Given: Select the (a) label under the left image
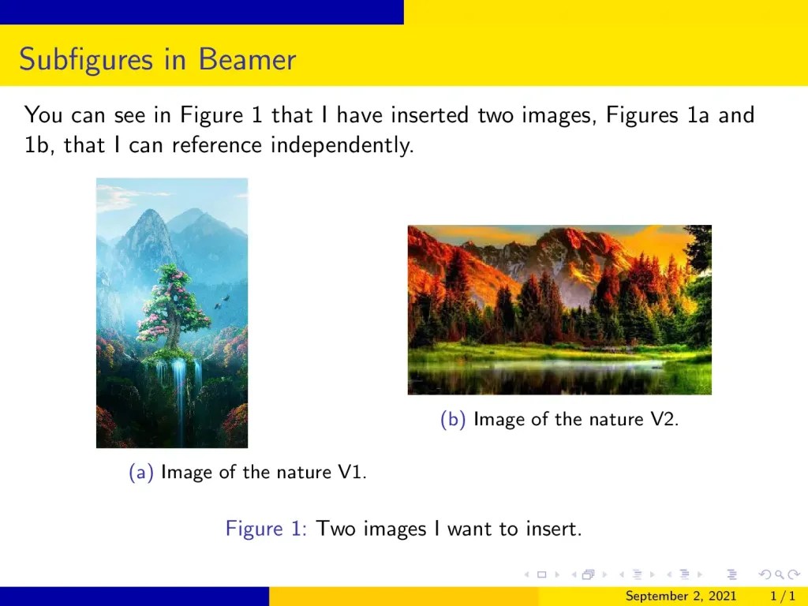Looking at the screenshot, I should [x=140, y=473].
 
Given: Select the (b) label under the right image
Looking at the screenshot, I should [x=453, y=420].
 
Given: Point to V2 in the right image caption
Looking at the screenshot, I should [x=664, y=420].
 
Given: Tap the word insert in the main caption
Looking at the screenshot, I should [x=553, y=529].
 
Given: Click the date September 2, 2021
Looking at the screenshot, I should [x=681, y=597].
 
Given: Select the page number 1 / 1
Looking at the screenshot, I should [x=782, y=597].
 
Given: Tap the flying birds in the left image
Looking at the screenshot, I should [x=225, y=300].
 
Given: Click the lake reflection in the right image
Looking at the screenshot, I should [x=552, y=371].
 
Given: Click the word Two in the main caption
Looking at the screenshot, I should [x=336, y=529].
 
